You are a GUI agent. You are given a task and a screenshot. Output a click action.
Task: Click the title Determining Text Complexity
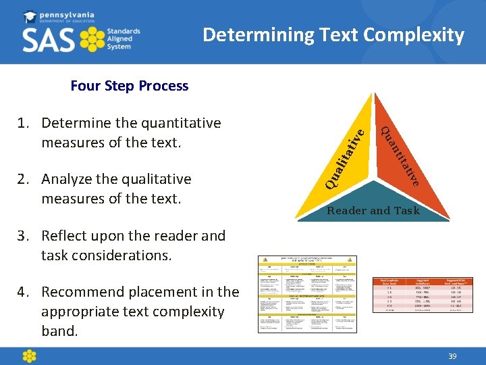pos(333,34)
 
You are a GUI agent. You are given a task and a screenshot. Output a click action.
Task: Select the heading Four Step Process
pos(130,86)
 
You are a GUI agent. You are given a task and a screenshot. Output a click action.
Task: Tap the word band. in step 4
pos(60,331)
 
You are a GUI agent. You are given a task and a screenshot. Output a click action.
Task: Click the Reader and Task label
pos(373,211)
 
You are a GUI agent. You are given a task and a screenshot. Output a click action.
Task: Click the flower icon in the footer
pos(29,356)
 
